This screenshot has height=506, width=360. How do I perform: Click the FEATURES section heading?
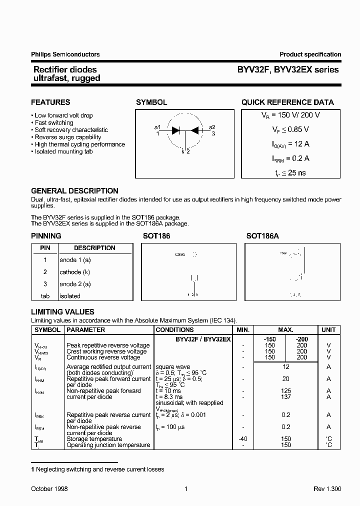50,102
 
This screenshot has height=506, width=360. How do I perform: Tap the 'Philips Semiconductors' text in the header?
65,54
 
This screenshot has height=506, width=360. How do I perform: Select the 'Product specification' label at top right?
310,54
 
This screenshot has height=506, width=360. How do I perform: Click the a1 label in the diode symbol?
157,127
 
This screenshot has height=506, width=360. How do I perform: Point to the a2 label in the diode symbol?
212,127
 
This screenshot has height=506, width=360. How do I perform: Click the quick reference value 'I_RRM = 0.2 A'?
287,158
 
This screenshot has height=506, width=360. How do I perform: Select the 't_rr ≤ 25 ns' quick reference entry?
287,173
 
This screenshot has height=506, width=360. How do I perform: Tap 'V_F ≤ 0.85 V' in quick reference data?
287,129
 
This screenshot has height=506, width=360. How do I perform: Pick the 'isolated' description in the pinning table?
69,296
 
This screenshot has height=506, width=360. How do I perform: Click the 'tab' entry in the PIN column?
45,296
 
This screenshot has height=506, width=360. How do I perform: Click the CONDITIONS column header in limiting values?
174,330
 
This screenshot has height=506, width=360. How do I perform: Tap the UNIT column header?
328,330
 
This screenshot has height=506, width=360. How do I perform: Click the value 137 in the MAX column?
285,397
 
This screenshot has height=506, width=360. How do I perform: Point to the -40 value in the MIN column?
242,439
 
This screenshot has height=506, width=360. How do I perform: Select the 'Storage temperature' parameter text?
94,439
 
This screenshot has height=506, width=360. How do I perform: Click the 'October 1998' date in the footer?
49,489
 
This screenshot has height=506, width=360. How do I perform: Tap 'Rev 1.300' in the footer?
327,489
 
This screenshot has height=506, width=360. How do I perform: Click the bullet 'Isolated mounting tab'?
64,151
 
